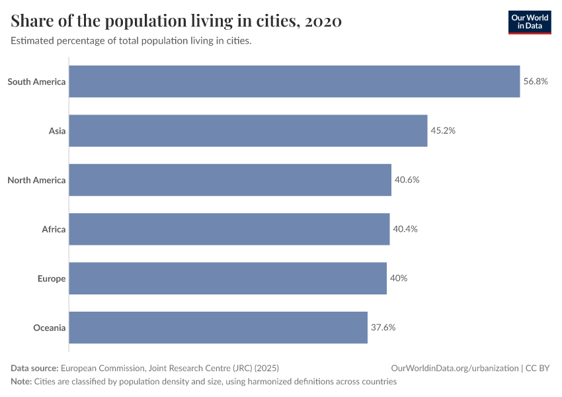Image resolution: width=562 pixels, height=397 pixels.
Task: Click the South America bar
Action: [294, 81]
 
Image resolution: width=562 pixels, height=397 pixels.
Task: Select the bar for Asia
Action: [248, 130]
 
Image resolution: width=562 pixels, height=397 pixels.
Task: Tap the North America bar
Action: [230, 180]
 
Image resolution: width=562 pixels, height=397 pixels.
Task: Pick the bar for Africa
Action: [229, 229]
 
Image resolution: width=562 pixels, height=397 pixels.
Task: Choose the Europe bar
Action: [227, 278]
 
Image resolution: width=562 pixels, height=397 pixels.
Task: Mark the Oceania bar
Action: [218, 328]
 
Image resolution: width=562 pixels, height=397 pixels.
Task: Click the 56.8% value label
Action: [536, 81]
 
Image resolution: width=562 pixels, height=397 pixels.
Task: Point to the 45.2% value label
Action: [443, 130]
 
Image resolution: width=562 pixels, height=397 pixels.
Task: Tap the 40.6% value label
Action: [407, 180]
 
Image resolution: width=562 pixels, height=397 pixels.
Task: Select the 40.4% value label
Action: [405, 229]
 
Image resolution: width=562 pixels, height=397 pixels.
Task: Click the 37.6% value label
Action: [383, 328]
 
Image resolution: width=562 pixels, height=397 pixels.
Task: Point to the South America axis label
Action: [36, 81]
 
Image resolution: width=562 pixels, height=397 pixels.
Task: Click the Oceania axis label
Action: [50, 328]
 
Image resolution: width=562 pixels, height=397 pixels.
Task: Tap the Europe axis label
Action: [52, 278]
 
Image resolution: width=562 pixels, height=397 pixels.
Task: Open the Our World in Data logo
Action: [529, 22]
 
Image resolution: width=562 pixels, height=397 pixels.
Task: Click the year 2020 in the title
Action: [323, 21]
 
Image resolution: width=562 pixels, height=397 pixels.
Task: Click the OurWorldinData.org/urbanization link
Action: [454, 369]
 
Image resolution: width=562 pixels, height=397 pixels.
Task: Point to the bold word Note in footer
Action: [20, 382]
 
